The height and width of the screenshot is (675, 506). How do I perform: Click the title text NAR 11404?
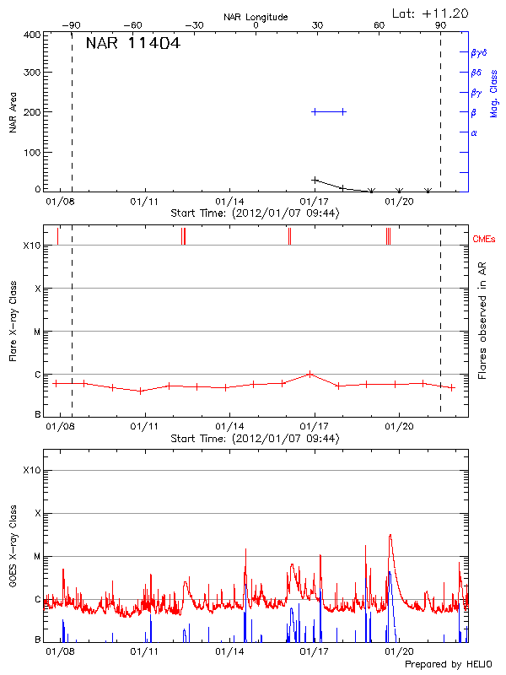coord(132,45)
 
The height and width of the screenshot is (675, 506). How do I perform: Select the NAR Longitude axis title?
coord(256,17)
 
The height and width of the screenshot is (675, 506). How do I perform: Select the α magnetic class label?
coord(474,132)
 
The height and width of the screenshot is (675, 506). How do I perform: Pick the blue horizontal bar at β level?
coord(329,111)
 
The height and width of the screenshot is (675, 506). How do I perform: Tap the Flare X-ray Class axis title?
coord(13,320)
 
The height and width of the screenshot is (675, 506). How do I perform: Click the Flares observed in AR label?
coord(483,320)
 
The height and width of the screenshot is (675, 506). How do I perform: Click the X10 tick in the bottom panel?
coord(31,470)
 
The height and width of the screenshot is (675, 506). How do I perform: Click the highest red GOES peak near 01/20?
coord(390,535)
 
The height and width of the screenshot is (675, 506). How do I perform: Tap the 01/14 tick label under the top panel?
coord(229,202)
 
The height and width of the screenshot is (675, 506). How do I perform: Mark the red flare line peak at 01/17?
coord(310,373)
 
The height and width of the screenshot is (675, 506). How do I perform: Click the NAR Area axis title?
coord(13,113)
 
